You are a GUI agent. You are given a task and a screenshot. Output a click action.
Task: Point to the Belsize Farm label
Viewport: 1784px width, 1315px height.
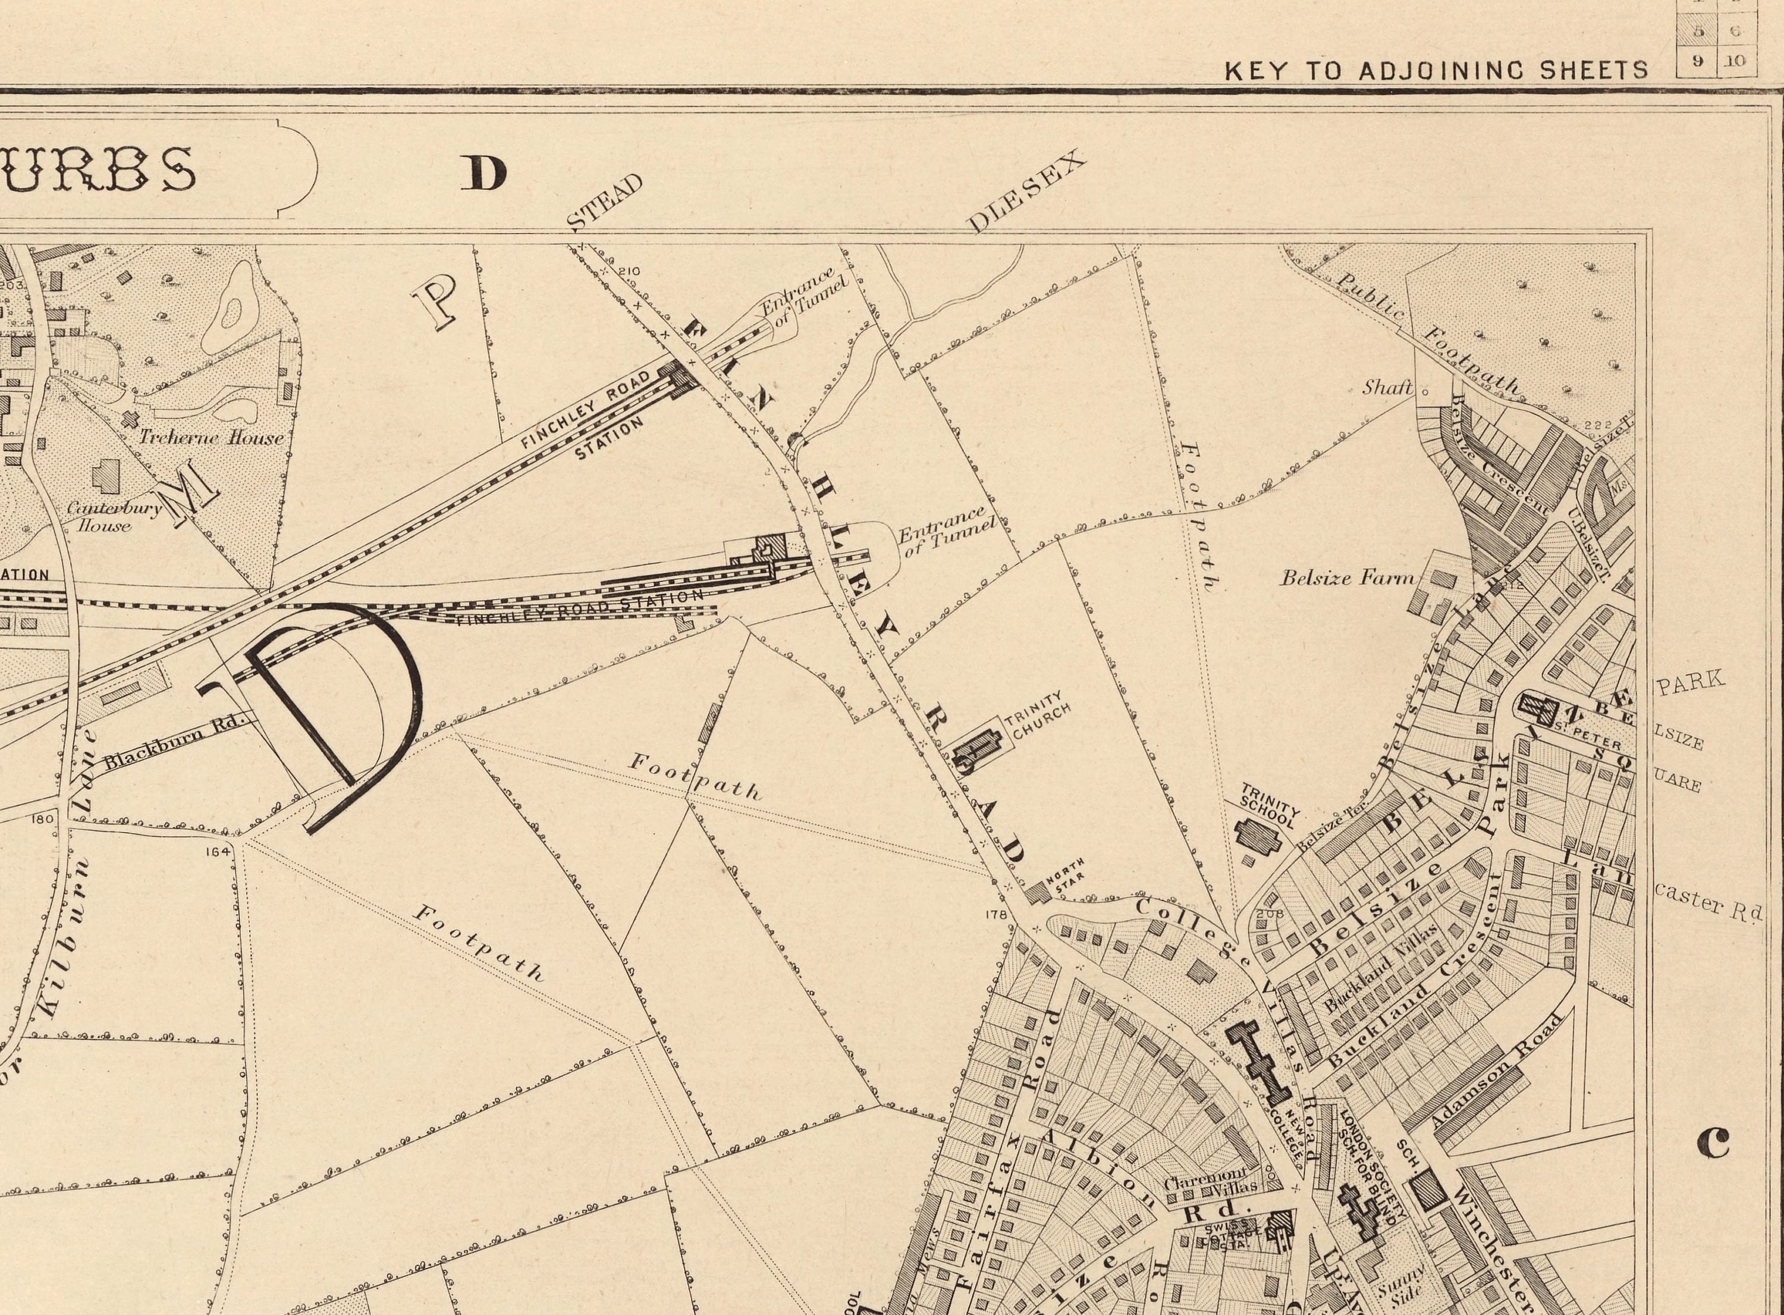1347,578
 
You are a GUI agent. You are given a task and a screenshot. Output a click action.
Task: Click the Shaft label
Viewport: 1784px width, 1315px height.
1387,388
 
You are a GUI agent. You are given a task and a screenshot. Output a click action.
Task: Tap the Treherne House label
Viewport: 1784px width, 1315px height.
211,437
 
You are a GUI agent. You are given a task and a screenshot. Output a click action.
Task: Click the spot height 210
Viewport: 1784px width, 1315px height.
628,271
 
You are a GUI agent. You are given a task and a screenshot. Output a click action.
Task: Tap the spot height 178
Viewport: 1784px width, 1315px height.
995,915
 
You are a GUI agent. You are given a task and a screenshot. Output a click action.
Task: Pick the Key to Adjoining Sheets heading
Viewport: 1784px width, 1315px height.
1436,71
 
